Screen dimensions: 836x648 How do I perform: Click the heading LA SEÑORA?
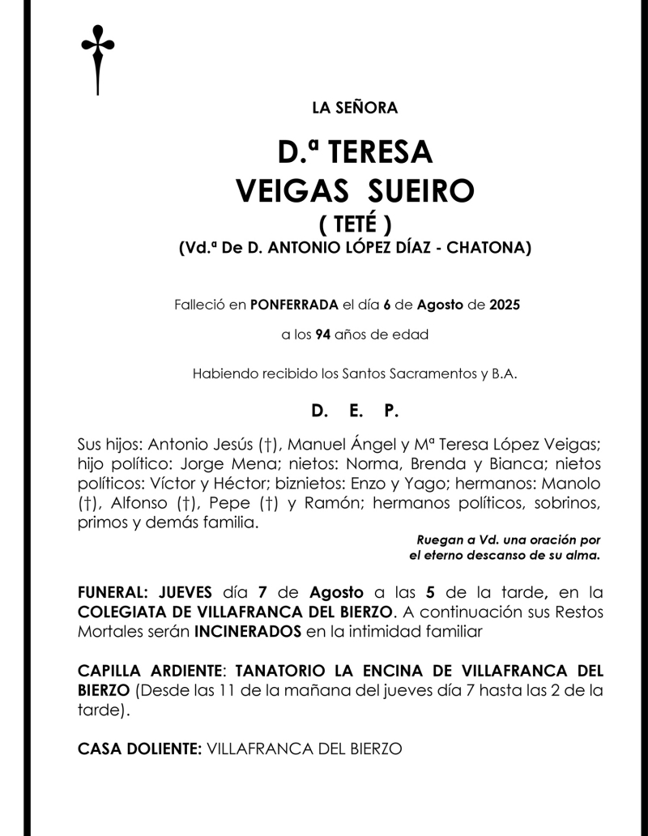click(x=355, y=107)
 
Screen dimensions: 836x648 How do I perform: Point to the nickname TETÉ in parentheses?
click(x=355, y=224)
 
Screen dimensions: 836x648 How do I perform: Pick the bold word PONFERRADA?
click(x=293, y=306)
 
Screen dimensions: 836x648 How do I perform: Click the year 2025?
click(x=505, y=306)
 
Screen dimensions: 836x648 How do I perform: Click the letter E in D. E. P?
click(x=355, y=412)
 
